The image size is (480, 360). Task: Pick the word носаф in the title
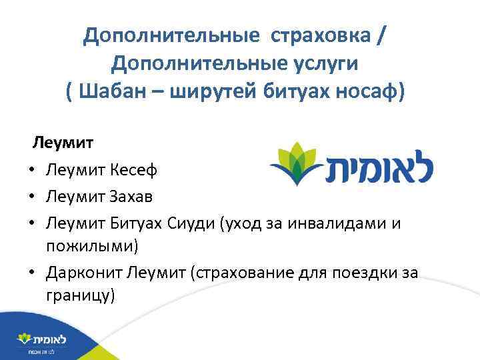pyautogui.click(x=367, y=91)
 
